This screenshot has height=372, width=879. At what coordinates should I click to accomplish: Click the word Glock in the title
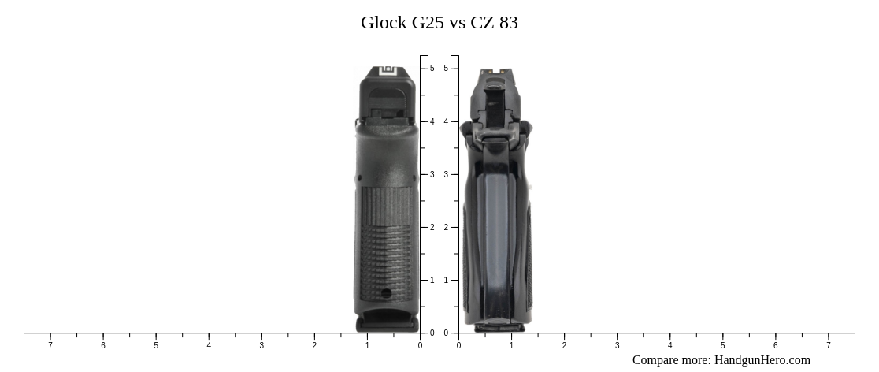[384, 23]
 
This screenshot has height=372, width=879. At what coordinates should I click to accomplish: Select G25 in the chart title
[428, 23]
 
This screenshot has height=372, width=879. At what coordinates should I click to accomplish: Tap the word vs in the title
[458, 23]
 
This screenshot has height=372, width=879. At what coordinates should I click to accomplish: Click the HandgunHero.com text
[762, 360]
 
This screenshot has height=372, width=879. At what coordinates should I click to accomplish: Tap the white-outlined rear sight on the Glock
[388, 73]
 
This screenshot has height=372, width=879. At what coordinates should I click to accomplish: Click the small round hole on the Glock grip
[386, 293]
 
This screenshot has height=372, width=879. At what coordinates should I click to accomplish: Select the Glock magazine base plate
[387, 323]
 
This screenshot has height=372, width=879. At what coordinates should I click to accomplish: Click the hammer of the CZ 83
[494, 102]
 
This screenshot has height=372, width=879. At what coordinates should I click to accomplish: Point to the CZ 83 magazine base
[498, 326]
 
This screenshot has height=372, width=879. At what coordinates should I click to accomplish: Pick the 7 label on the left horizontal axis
[50, 345]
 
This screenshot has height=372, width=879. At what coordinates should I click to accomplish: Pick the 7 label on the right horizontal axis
[828, 345]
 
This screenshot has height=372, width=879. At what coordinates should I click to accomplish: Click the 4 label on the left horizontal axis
[209, 345]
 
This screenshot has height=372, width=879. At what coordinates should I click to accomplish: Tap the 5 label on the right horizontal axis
[722, 345]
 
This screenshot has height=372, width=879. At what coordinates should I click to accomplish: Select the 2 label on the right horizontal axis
[564, 345]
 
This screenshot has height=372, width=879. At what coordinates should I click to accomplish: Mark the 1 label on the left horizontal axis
[367, 345]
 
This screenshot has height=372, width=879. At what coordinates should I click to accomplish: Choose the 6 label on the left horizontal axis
[103, 345]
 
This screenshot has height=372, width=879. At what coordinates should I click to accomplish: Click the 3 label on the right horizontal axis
[617, 345]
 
